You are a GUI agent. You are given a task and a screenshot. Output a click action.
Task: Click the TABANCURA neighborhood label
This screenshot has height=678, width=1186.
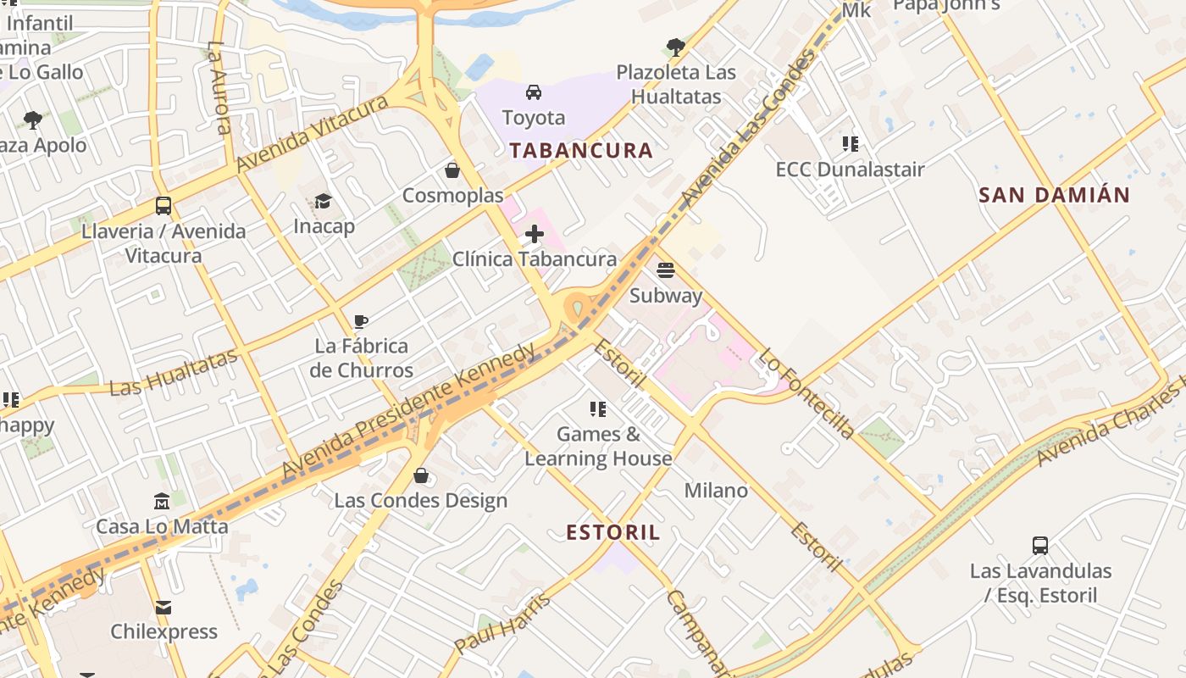pyautogui.click(x=580, y=151)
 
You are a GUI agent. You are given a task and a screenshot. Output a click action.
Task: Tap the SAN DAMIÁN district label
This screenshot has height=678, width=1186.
pyautogui.click(x=1054, y=195)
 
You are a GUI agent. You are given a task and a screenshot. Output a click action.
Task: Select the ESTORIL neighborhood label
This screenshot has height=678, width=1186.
pyautogui.click(x=612, y=532)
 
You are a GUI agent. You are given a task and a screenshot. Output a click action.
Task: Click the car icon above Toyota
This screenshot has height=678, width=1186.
pyautogui.click(x=534, y=92)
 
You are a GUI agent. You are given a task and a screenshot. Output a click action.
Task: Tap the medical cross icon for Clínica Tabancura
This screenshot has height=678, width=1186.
pyautogui.click(x=535, y=234)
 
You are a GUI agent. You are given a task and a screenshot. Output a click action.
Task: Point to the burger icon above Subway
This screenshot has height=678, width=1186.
pyautogui.click(x=666, y=270)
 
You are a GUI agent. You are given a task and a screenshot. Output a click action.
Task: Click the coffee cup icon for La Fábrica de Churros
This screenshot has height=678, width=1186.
pyautogui.click(x=361, y=321)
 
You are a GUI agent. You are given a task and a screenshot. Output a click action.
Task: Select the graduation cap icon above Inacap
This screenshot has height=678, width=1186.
pyautogui.click(x=324, y=201)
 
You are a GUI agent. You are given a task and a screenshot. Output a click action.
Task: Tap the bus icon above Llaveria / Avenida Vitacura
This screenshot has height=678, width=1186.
pyautogui.click(x=163, y=206)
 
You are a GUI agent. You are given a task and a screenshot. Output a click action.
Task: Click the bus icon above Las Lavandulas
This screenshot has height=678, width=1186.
pyautogui.click(x=1040, y=546)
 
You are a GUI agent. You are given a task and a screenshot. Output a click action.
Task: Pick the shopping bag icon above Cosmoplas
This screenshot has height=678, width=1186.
pyautogui.click(x=452, y=170)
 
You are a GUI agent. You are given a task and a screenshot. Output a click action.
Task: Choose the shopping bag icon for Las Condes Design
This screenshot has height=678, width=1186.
pyautogui.click(x=420, y=475)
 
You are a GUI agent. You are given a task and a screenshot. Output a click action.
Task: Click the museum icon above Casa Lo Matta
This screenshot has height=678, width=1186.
pyautogui.click(x=162, y=502)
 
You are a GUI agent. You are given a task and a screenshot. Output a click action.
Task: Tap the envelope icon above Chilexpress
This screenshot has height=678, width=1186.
pyautogui.click(x=163, y=607)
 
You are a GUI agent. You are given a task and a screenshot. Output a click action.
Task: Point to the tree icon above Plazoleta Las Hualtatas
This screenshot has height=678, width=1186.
pyautogui.click(x=675, y=47)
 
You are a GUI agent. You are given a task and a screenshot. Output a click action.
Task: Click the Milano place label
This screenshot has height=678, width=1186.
pyautogui.click(x=716, y=491)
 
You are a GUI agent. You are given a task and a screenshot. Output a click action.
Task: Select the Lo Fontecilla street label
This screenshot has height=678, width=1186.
pyautogui.click(x=806, y=393)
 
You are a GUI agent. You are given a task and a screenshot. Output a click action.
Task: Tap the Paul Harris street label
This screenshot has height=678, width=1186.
pyautogui.click(x=502, y=624)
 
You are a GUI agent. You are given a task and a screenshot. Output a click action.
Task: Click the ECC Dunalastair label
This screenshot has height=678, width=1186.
pyautogui.click(x=850, y=169)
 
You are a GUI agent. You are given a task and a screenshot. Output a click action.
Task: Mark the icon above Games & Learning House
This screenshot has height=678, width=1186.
pyautogui.click(x=598, y=409)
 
